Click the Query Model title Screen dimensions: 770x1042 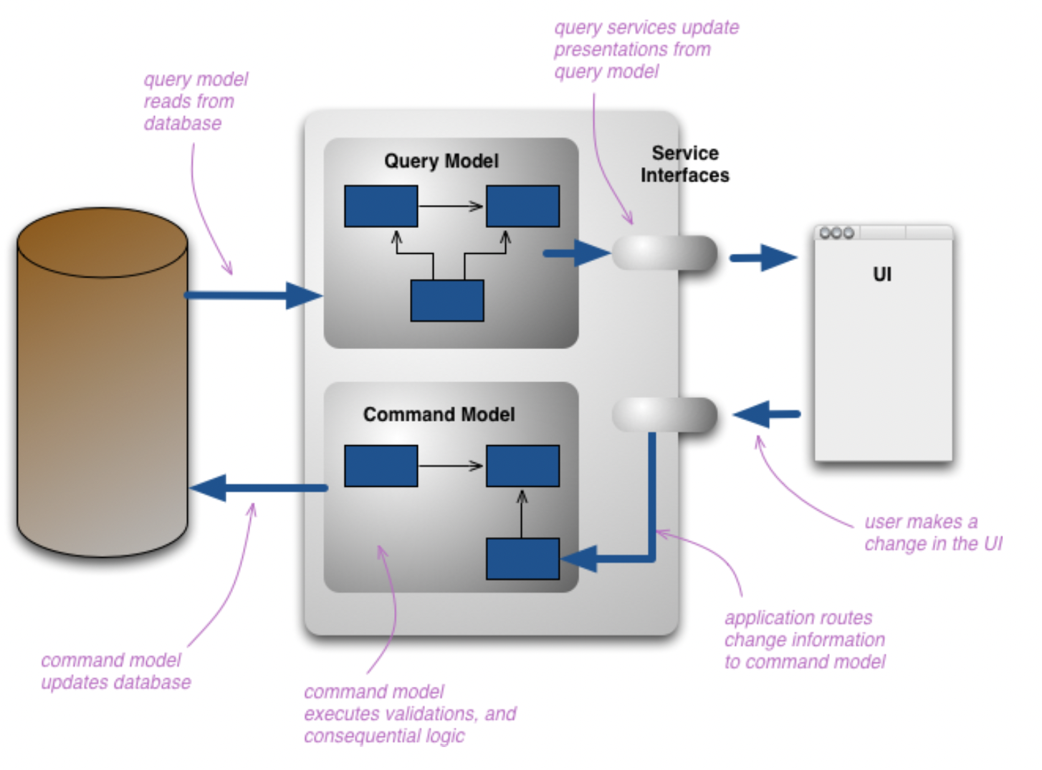click(441, 161)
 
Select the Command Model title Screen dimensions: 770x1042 click(439, 414)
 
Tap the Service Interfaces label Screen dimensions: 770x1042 click(684, 164)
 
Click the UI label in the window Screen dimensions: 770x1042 click(882, 274)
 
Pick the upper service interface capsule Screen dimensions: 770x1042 click(664, 253)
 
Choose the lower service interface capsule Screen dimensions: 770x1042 click(664, 415)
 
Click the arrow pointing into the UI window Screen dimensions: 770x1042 click(763, 257)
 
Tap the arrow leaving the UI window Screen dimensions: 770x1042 click(766, 414)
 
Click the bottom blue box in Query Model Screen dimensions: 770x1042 click(447, 300)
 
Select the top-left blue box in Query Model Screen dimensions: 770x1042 click(381, 206)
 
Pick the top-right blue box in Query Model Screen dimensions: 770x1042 click(522, 206)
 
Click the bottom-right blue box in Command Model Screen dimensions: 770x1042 click(522, 559)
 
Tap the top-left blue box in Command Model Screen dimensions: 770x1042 click(381, 466)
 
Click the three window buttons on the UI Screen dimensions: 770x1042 click(836, 233)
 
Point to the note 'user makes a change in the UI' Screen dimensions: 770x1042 click(932, 533)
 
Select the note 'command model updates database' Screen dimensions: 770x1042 click(115, 671)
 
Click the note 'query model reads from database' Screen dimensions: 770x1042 click(195, 101)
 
